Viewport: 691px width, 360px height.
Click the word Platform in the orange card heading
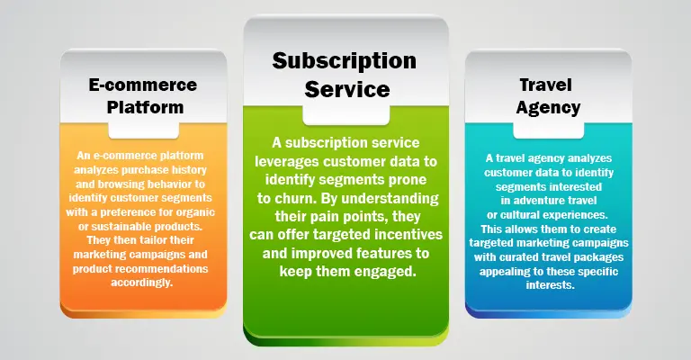coord(145,107)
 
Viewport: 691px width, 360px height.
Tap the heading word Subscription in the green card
coord(345,61)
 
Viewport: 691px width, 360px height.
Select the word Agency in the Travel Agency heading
coord(548,108)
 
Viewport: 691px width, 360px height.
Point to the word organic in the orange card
coord(195,212)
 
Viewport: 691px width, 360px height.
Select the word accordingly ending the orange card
coord(141,283)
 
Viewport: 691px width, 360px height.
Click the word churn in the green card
coord(295,198)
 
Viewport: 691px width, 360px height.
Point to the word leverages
coord(287,162)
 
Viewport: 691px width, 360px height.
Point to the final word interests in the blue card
coord(550,285)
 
